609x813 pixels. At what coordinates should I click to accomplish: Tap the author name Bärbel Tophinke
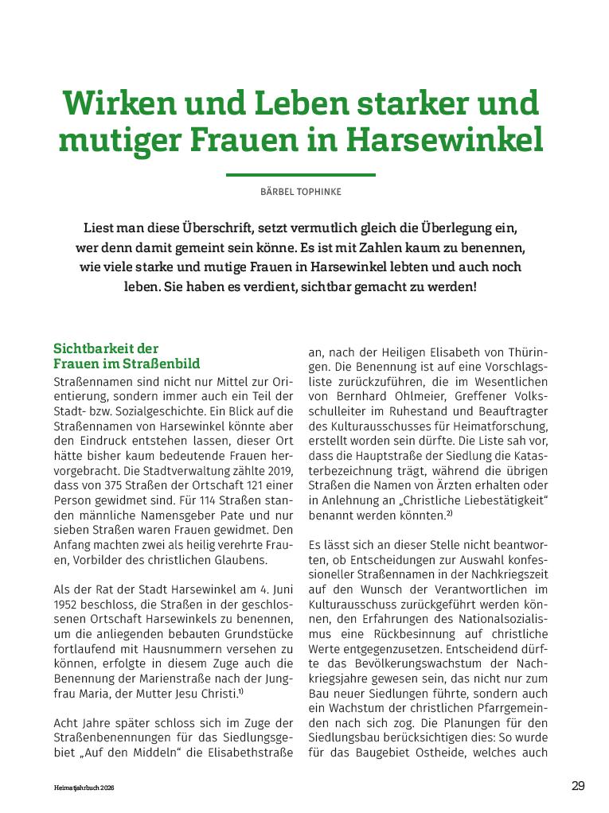301,192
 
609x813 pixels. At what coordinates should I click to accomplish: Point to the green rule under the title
301,174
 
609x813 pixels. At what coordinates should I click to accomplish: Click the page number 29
578,786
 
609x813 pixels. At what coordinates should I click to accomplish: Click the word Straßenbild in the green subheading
159,364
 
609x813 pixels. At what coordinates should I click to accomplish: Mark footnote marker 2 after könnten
449,513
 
